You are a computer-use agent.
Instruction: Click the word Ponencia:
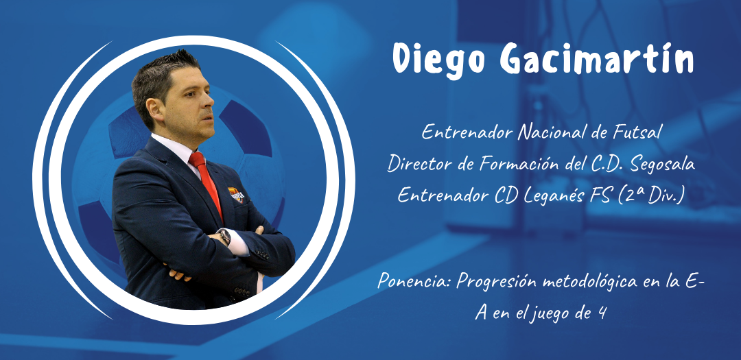tap(414, 283)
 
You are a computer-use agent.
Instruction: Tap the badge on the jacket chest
tap(236, 193)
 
